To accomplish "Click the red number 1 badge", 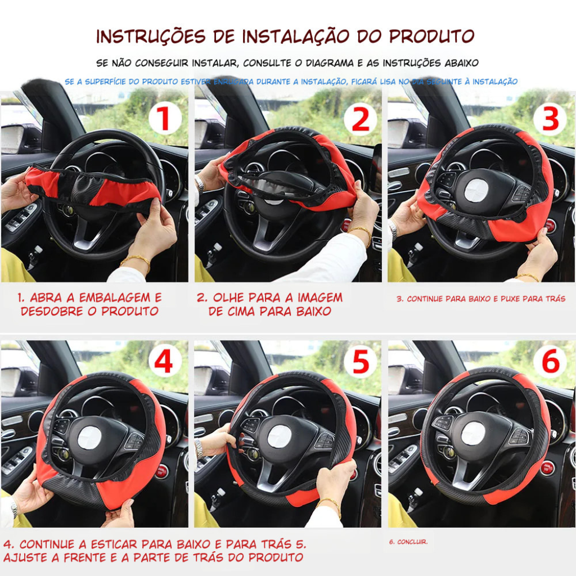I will [x=165, y=119].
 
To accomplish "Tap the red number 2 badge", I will [x=360, y=119].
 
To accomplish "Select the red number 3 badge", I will [x=550, y=119].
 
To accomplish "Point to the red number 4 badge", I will [x=165, y=362].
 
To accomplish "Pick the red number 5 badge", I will [x=360, y=362].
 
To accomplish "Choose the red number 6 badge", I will [x=550, y=362].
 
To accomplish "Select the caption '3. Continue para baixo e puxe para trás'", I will [x=481, y=299].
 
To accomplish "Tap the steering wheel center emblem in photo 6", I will [x=473, y=434].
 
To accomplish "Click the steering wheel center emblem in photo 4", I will [x=89, y=438].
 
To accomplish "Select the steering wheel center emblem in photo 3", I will [x=476, y=191].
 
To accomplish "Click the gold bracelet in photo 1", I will [x=134, y=259].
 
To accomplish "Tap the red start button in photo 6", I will [x=547, y=468].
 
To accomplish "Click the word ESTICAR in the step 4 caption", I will [x=111, y=544].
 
